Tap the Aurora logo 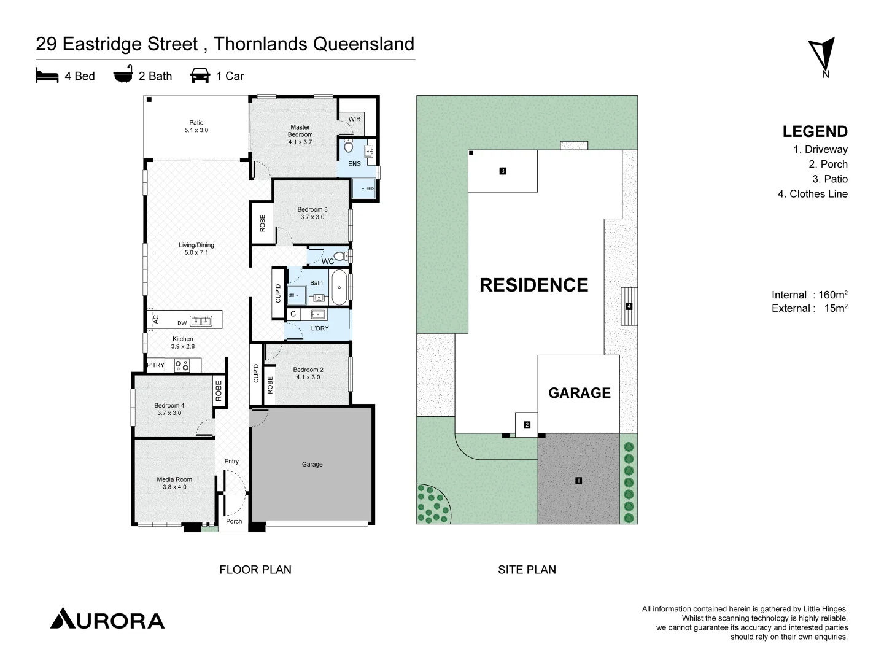coord(107,619)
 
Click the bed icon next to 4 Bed coord(47,76)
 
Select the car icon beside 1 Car coord(200,76)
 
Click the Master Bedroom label coord(300,134)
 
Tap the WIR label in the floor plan coord(354,119)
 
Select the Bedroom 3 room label coord(312,213)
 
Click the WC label coord(328,262)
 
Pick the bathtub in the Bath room coord(339,287)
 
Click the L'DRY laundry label coord(320,328)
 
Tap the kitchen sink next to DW coord(201,320)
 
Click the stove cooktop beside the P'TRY coord(182,365)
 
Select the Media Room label coord(174,483)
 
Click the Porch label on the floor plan coord(234,521)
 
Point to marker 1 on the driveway coord(578,480)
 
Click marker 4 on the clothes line coord(629,306)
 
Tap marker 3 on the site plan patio coord(503,171)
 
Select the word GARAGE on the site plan coord(579,393)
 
